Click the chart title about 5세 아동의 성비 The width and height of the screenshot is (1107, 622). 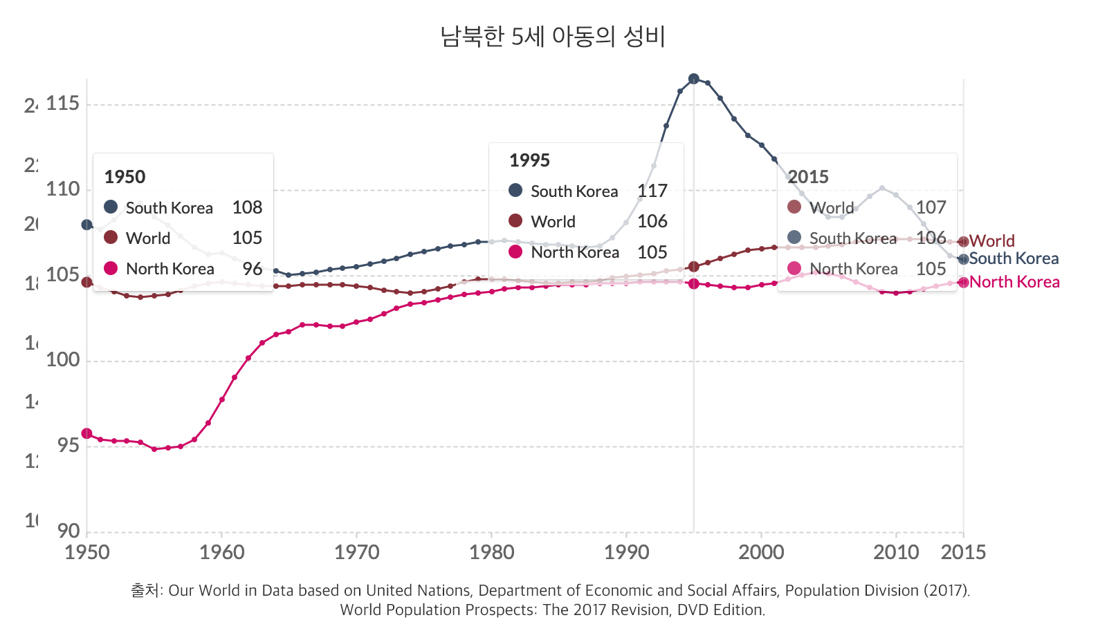[x=553, y=37]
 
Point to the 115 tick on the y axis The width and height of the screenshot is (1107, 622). [x=63, y=104]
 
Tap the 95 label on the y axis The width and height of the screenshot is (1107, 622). [x=63, y=446]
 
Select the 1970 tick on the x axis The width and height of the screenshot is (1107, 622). [x=356, y=552]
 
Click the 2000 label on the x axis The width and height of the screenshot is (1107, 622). [x=761, y=552]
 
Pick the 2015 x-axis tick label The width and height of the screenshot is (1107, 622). [x=963, y=552]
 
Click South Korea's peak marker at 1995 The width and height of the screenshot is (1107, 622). [x=694, y=79]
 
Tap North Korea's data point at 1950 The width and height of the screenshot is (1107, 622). [x=86, y=433]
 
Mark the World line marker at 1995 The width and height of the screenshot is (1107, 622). [x=694, y=267]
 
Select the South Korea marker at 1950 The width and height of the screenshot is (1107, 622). [x=86, y=225]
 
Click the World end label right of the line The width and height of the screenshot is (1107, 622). [x=991, y=241]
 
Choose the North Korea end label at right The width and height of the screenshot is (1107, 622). [x=1014, y=282]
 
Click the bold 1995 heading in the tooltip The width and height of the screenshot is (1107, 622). [x=529, y=160]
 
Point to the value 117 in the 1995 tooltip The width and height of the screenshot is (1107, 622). [x=652, y=191]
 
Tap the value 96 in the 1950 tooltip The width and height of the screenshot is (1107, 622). [x=253, y=269]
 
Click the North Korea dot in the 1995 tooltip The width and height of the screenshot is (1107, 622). [x=515, y=252]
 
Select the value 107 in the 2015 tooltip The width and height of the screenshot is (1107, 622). [x=931, y=207]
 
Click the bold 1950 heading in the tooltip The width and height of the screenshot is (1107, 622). [x=125, y=177]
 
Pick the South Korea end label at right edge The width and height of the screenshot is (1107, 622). [x=1014, y=258]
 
